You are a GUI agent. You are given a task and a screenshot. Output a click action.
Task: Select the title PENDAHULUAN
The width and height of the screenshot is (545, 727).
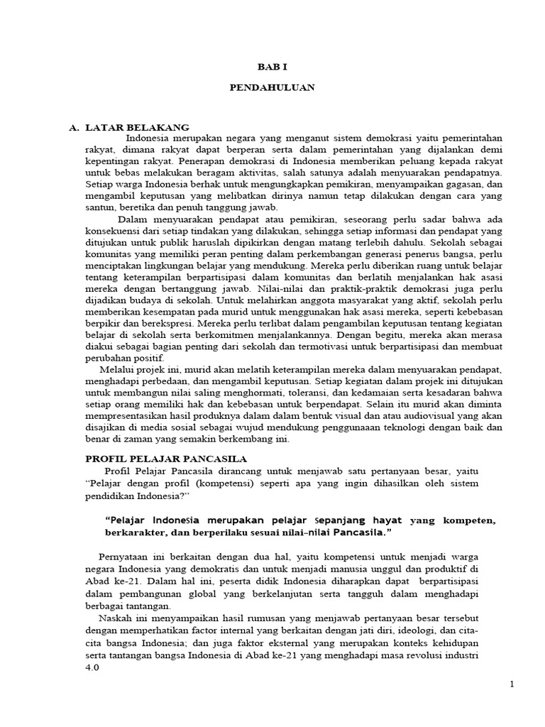coord(272,88)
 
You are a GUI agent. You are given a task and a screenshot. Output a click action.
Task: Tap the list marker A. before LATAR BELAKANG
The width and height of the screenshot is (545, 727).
coord(73,127)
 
